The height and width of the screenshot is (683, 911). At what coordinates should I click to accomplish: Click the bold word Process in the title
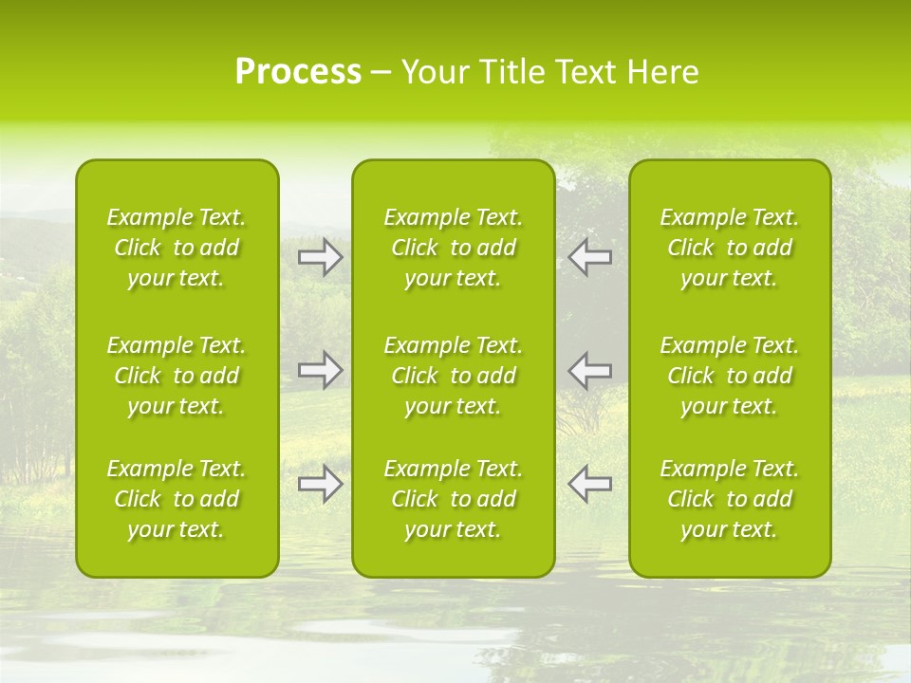[298, 72]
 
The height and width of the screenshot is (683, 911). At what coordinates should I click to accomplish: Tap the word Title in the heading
[512, 72]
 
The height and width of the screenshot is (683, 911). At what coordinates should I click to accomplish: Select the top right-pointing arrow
[321, 257]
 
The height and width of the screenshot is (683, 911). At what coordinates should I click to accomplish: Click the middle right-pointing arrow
[321, 369]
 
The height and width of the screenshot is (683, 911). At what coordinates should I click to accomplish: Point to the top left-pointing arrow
[589, 257]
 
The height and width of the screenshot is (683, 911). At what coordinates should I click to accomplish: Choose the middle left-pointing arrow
[589, 369]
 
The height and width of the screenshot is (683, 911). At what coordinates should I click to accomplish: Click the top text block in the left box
[177, 248]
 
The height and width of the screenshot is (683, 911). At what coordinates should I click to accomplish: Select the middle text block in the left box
[177, 376]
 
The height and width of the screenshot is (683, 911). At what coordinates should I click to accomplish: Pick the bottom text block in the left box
[177, 499]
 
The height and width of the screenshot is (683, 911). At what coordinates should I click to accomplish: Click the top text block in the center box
[454, 248]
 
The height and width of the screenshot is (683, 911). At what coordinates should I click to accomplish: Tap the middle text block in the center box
[454, 376]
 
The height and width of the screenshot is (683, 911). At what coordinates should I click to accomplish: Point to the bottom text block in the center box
[454, 499]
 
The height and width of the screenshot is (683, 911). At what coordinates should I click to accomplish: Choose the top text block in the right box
[730, 248]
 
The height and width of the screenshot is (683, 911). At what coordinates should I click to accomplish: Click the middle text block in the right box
[730, 376]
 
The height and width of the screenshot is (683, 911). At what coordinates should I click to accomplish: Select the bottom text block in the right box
[730, 499]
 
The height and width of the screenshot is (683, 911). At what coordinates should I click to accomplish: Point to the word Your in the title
[435, 72]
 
